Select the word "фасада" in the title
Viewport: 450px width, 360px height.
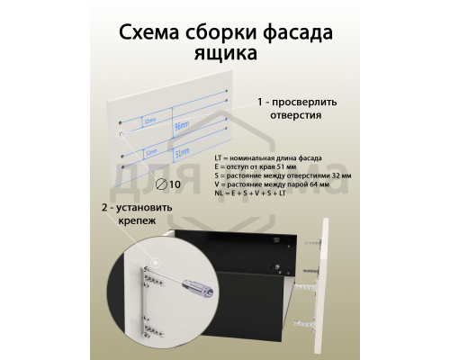tap(294, 33)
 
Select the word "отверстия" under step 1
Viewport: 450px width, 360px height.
tap(290, 115)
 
